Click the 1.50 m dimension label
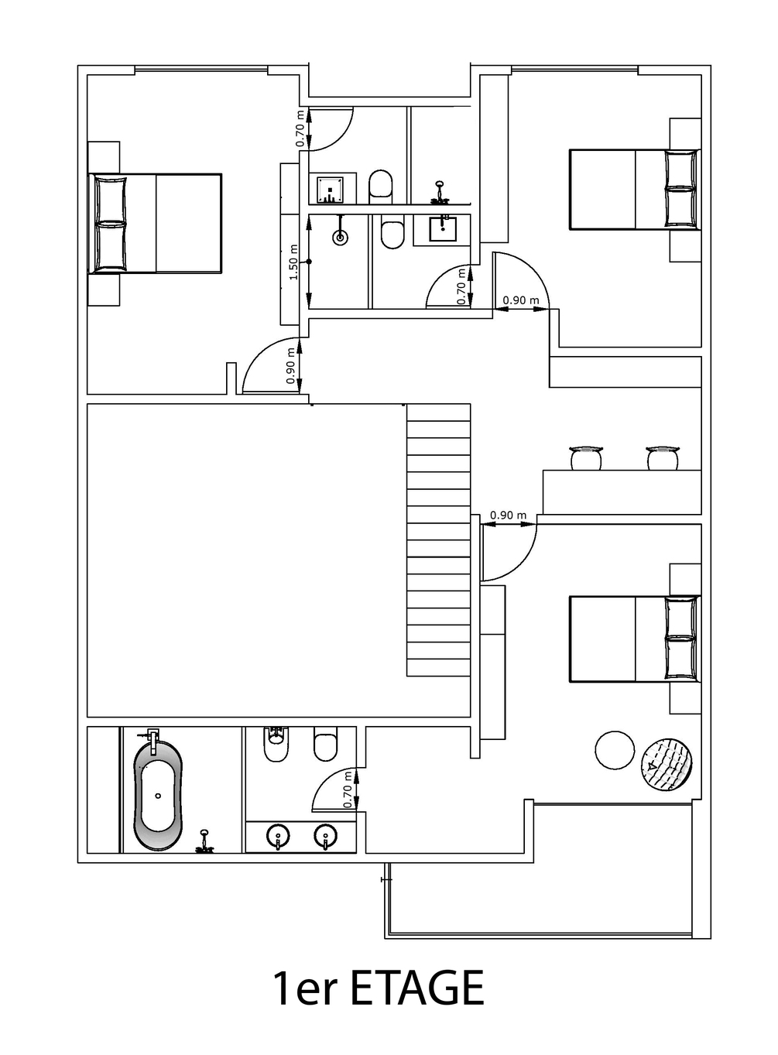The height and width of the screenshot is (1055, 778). click(293, 262)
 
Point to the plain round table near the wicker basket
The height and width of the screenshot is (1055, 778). click(615, 750)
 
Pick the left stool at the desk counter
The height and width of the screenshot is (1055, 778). click(586, 457)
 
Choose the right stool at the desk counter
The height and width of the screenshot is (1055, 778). click(663, 457)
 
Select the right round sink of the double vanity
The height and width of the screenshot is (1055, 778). click(326, 835)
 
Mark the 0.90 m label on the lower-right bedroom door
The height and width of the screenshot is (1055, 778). click(508, 515)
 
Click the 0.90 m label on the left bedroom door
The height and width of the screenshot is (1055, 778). click(290, 365)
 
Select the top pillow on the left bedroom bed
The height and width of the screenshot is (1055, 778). click(111, 198)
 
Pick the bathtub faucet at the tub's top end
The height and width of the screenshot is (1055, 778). click(153, 737)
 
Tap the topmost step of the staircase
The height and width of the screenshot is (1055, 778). click(438, 413)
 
